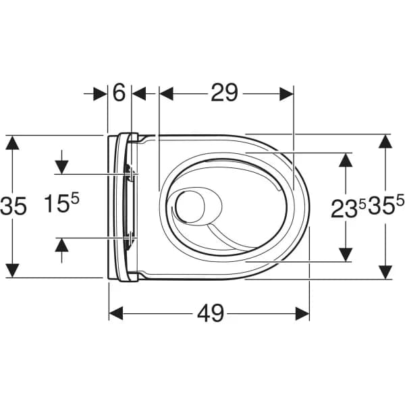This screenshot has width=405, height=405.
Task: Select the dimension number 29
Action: (x=224, y=93)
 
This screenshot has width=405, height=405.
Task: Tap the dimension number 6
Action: (x=119, y=93)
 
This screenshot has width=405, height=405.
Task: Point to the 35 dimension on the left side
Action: (x=13, y=205)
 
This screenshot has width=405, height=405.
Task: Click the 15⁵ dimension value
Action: (x=62, y=204)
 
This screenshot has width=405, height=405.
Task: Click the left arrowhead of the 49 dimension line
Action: (x=117, y=313)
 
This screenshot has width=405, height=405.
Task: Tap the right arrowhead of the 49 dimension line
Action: (x=302, y=313)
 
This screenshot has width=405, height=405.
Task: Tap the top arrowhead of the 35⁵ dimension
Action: (x=385, y=142)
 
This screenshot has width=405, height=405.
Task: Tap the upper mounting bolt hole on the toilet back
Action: (x=130, y=173)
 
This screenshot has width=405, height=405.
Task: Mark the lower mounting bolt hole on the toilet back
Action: (x=130, y=236)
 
